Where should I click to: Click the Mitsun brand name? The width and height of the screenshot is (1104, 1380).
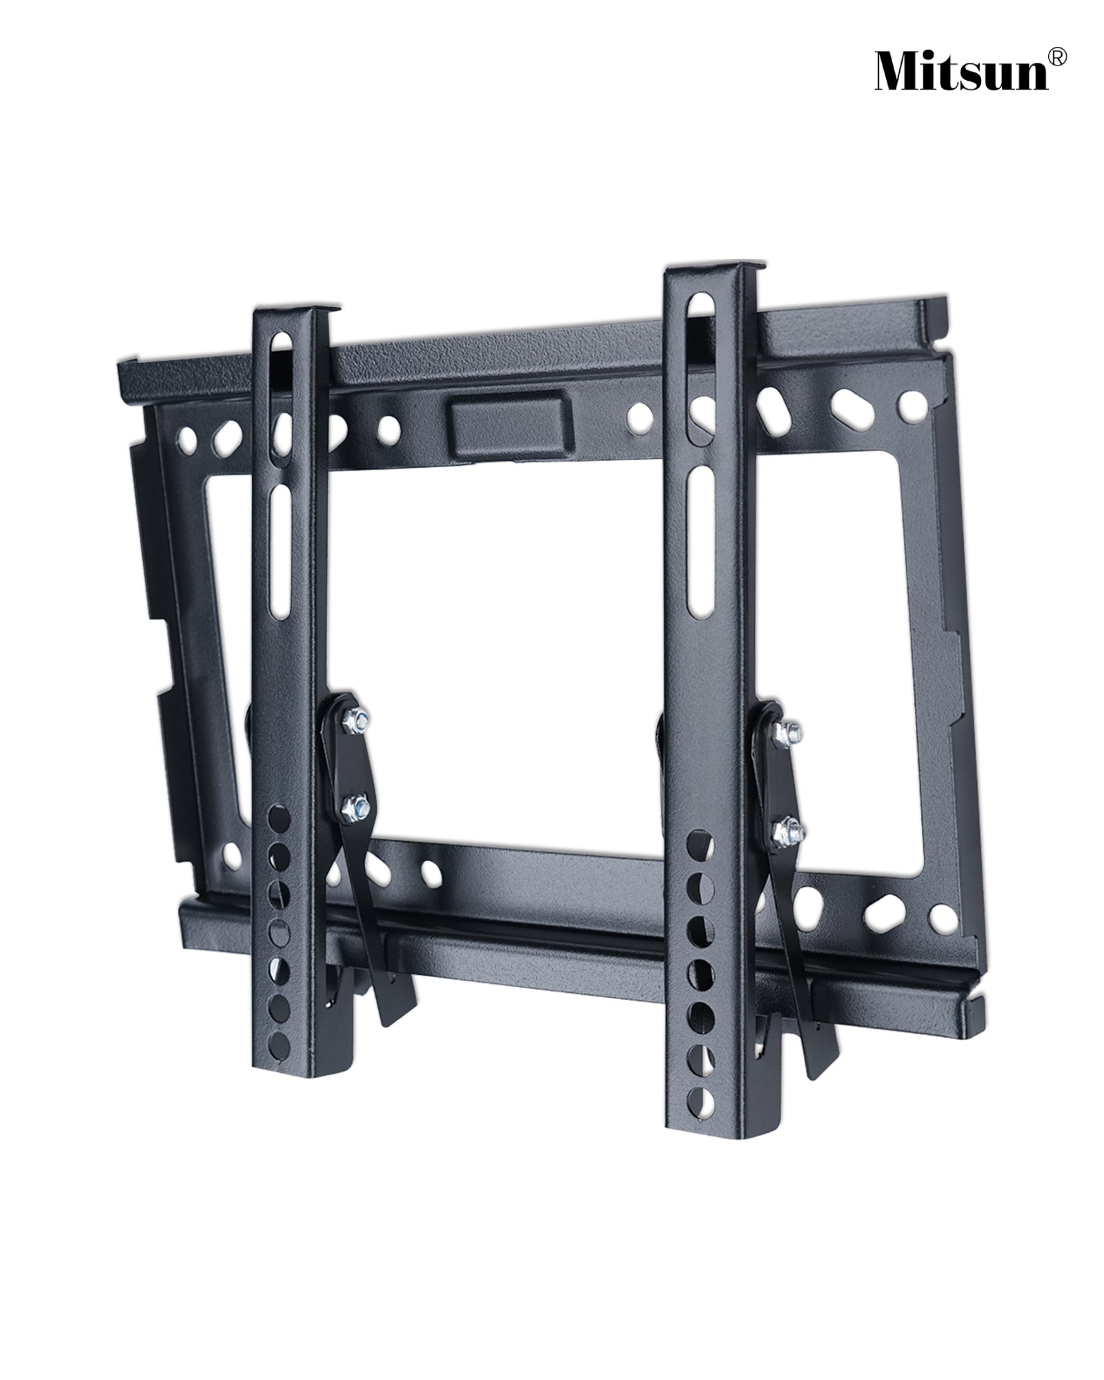pyautogui.click(x=962, y=72)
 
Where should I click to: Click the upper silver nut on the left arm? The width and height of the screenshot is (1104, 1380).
pyautogui.click(x=357, y=718)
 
